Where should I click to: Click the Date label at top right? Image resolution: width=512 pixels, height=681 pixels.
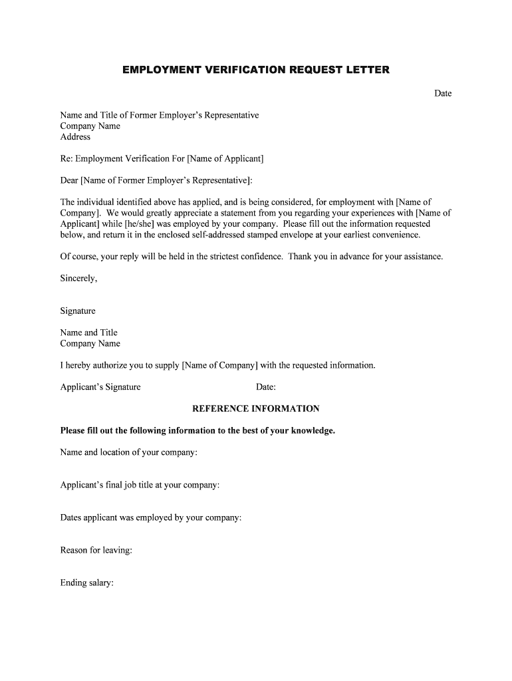click(443, 93)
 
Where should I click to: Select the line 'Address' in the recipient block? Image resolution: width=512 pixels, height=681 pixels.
click(75, 137)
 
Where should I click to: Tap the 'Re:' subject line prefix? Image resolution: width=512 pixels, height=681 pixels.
click(66, 158)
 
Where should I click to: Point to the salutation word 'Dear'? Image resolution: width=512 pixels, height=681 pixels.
click(69, 180)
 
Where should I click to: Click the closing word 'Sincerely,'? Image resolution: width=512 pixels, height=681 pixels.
click(78, 278)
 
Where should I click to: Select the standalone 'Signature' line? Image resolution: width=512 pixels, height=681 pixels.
click(78, 311)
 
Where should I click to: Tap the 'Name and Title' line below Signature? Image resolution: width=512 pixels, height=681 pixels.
click(88, 333)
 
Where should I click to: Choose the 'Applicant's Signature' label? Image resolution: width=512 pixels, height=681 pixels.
click(100, 387)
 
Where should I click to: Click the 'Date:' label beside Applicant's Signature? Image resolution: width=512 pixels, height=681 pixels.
click(266, 387)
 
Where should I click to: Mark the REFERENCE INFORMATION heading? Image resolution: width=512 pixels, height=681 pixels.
click(256, 408)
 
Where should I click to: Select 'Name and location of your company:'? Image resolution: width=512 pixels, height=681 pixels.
click(129, 452)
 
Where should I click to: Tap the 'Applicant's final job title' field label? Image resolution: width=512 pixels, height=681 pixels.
click(140, 485)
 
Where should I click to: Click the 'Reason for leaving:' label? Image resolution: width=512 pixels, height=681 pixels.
click(96, 550)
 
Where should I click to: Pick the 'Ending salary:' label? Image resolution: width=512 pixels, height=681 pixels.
click(87, 583)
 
